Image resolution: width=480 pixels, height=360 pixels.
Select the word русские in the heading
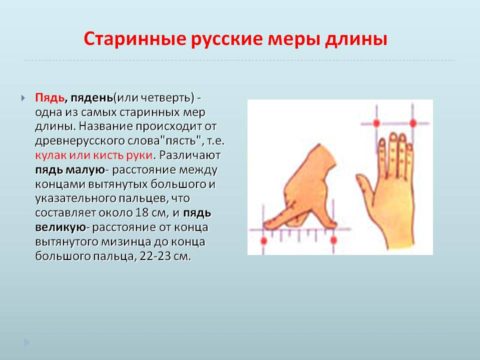pyautogui.click(x=226, y=42)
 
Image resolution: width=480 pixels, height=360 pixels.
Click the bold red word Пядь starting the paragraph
pyautogui.click(x=50, y=97)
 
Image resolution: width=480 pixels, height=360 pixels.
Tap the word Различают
pyautogui.click(x=189, y=155)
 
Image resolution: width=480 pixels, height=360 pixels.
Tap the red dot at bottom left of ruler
pyautogui.click(x=263, y=240)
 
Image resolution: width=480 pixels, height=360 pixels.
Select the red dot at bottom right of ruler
pyautogui.click(x=330, y=240)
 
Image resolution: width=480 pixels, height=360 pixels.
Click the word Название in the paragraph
pyautogui.click(x=123, y=126)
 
